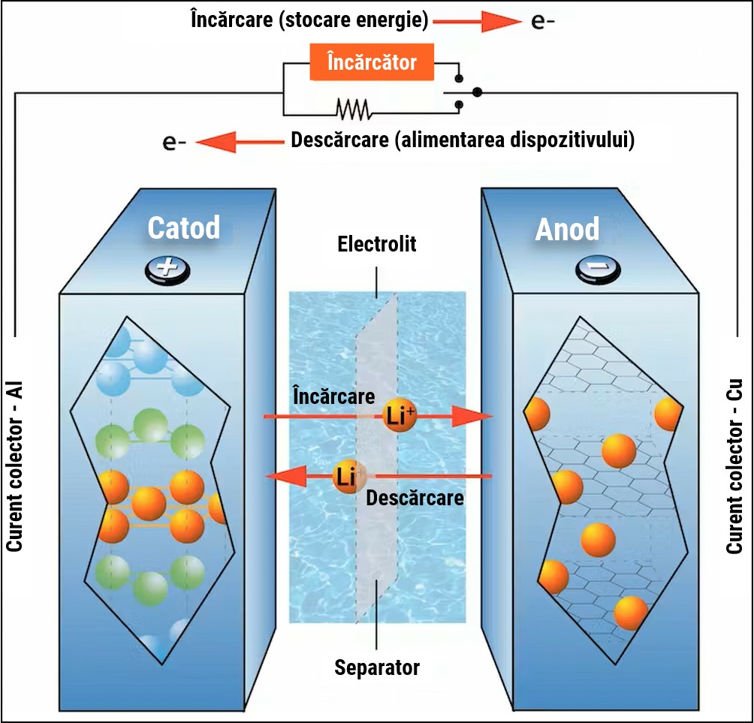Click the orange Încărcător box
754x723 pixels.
click(372, 62)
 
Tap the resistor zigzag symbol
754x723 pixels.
click(353, 110)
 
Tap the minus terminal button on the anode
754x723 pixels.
click(598, 268)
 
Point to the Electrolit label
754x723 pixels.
click(376, 244)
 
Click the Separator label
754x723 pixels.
click(377, 667)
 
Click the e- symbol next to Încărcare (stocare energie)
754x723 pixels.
click(543, 22)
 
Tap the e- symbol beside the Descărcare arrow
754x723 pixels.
click(173, 141)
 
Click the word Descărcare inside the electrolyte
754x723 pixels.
click(415, 497)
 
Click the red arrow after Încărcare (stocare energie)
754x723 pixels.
click(476, 22)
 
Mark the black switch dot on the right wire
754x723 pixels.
click(477, 92)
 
